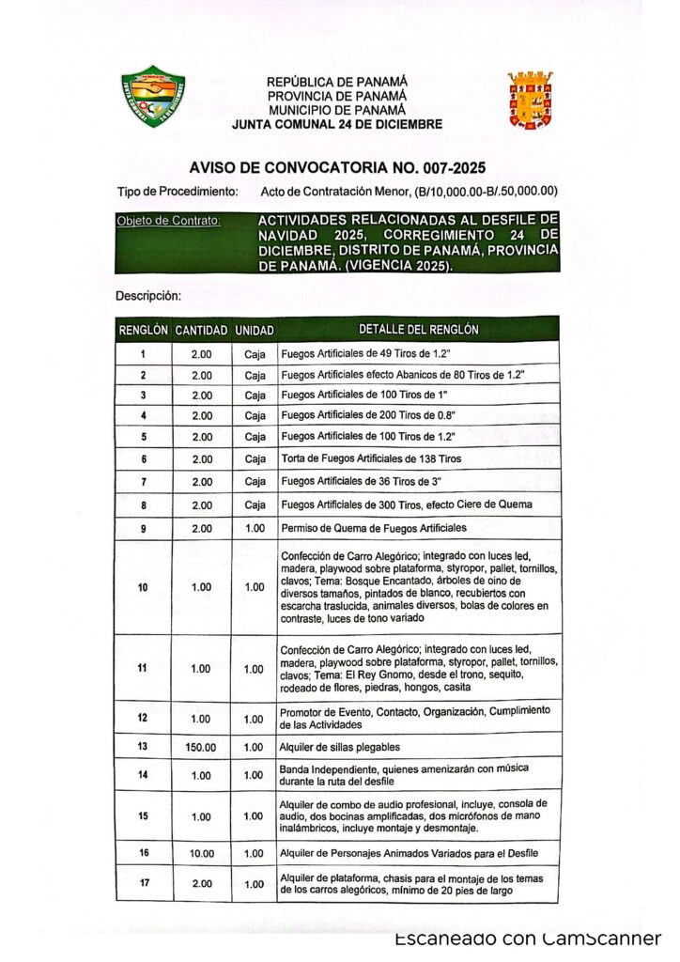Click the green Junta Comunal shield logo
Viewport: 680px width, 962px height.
152,97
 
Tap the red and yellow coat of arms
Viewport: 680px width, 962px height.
530,100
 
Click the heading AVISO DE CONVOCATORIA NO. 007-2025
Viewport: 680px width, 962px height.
336,169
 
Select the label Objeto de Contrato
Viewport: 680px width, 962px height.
168,221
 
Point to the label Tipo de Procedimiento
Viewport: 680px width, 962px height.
176,192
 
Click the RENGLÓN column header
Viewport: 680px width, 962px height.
143,331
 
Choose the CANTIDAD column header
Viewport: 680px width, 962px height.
201,331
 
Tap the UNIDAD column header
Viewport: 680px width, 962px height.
254,331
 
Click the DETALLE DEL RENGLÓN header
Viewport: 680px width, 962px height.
418,330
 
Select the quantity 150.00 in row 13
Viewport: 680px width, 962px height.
201,747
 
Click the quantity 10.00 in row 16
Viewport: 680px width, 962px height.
201,853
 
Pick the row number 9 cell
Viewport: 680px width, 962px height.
143,528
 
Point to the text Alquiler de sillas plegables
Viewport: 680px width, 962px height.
340,747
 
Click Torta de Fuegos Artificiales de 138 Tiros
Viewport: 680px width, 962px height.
371,458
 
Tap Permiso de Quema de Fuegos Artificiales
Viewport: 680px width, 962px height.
373,527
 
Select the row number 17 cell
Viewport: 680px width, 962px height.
143,884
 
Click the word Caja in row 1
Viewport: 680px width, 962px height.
254,353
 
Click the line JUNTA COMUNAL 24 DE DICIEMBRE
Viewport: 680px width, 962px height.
337,124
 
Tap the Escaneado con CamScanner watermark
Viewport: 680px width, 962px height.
528,939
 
